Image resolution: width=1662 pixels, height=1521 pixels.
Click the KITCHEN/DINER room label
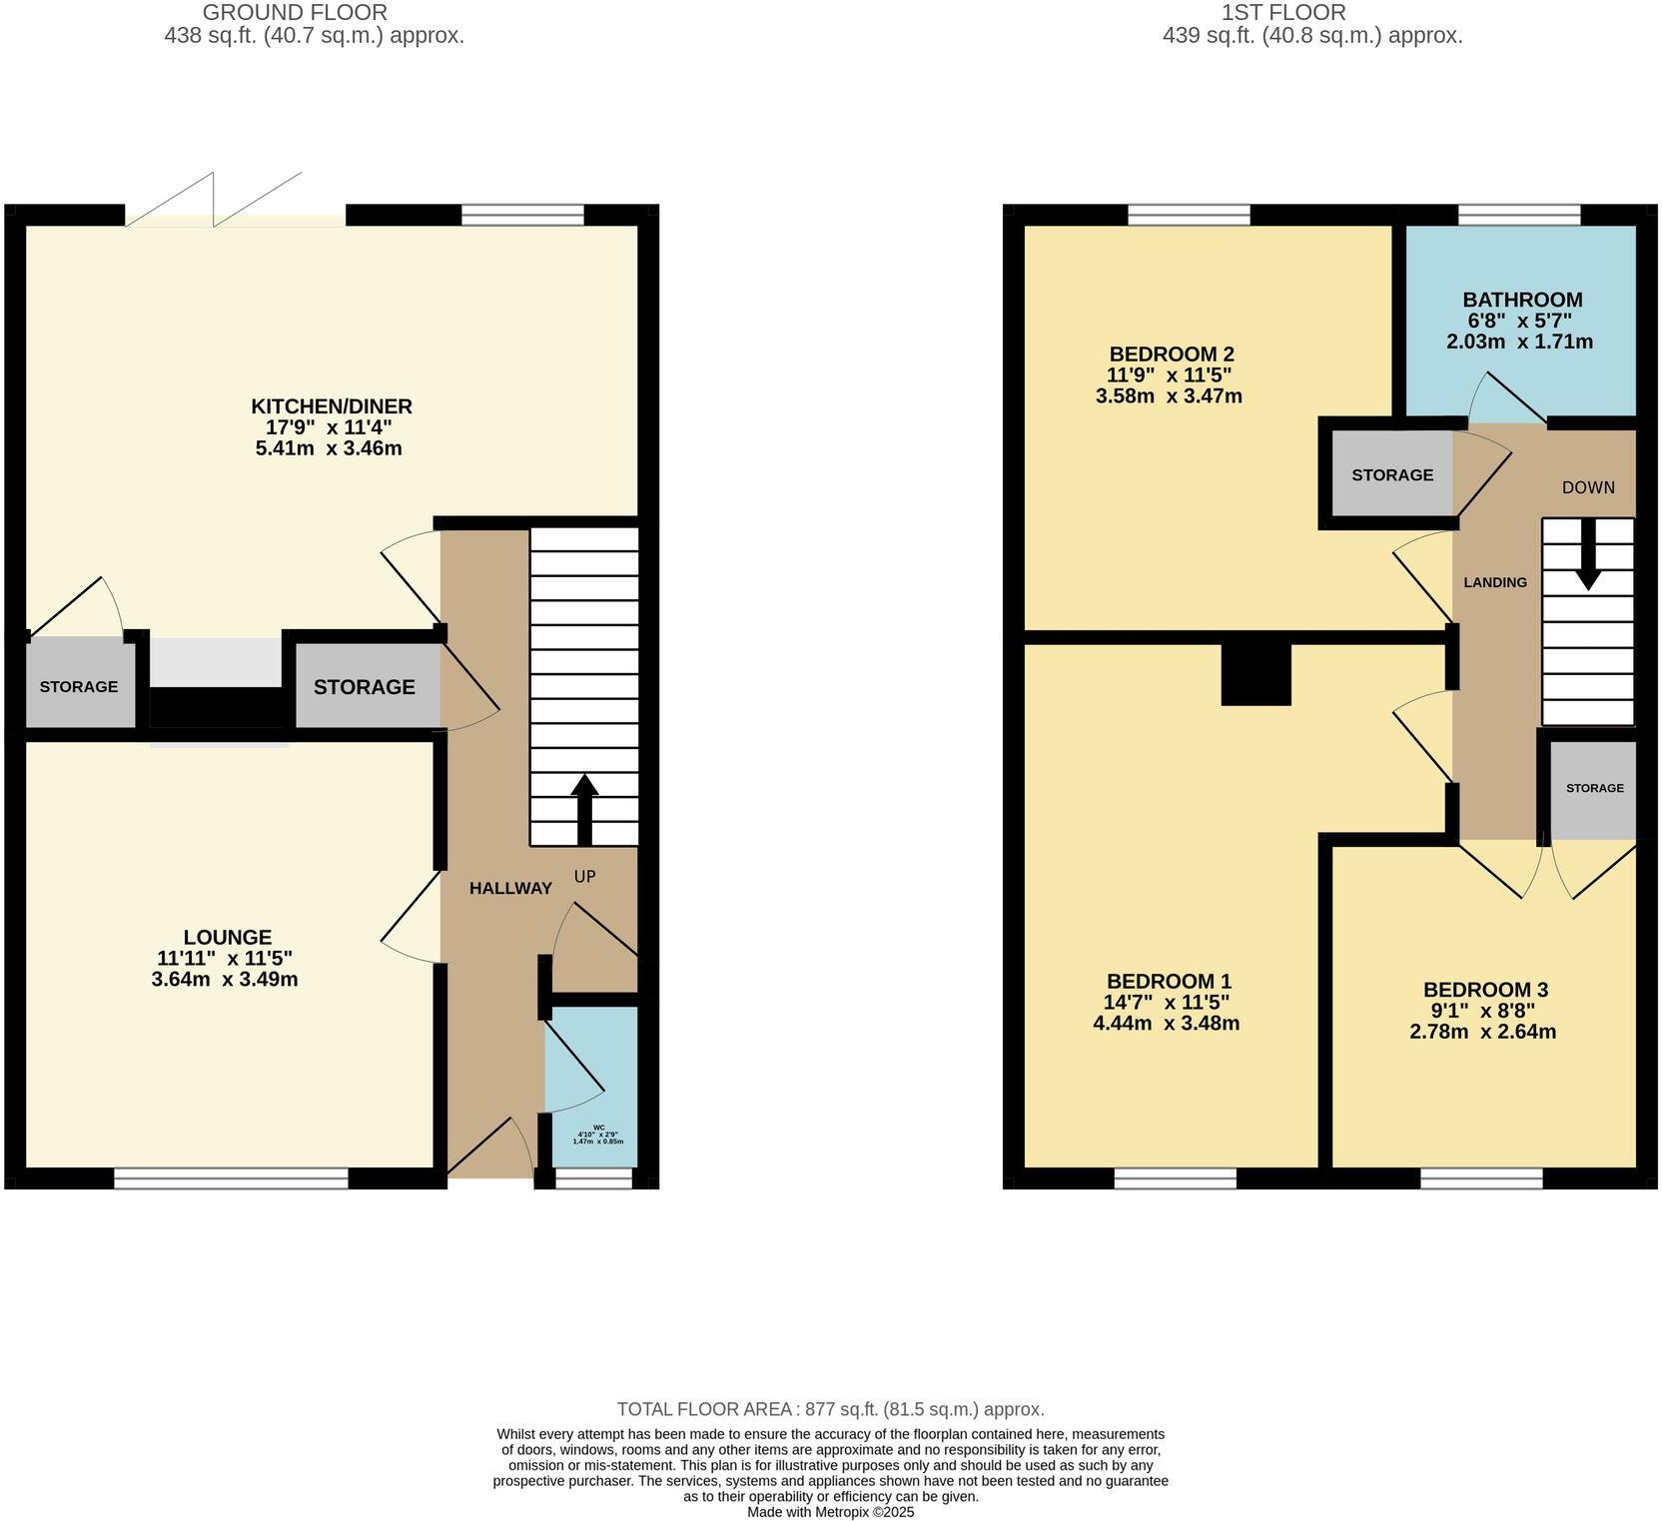[331, 406]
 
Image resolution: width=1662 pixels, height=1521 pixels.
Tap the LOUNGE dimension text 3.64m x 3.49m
[225, 979]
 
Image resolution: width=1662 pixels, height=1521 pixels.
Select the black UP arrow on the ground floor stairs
[584, 809]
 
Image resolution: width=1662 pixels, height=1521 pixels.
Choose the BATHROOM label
[1522, 300]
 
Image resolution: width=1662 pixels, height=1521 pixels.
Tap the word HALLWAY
[510, 888]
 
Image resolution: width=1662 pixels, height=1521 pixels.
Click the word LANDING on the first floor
[1495, 582]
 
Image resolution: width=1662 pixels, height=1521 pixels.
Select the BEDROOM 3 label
[1485, 990]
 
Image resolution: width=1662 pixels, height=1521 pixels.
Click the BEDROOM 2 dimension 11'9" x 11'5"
[1170, 376]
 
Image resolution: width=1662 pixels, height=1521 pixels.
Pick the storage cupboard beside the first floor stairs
[1594, 789]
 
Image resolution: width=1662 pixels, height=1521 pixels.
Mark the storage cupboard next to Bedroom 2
[1391, 475]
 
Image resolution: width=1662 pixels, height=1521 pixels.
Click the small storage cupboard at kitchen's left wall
[79, 686]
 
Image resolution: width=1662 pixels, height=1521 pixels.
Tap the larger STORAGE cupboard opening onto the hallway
[365, 687]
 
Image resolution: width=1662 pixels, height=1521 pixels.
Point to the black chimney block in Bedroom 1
[1256, 674]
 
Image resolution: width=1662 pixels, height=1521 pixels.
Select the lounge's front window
[231, 1179]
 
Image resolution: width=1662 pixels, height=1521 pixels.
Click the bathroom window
[1518, 214]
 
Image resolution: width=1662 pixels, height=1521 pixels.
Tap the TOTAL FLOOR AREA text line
[830, 1409]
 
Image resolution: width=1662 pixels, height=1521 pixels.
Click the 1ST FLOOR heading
[1311, 13]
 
